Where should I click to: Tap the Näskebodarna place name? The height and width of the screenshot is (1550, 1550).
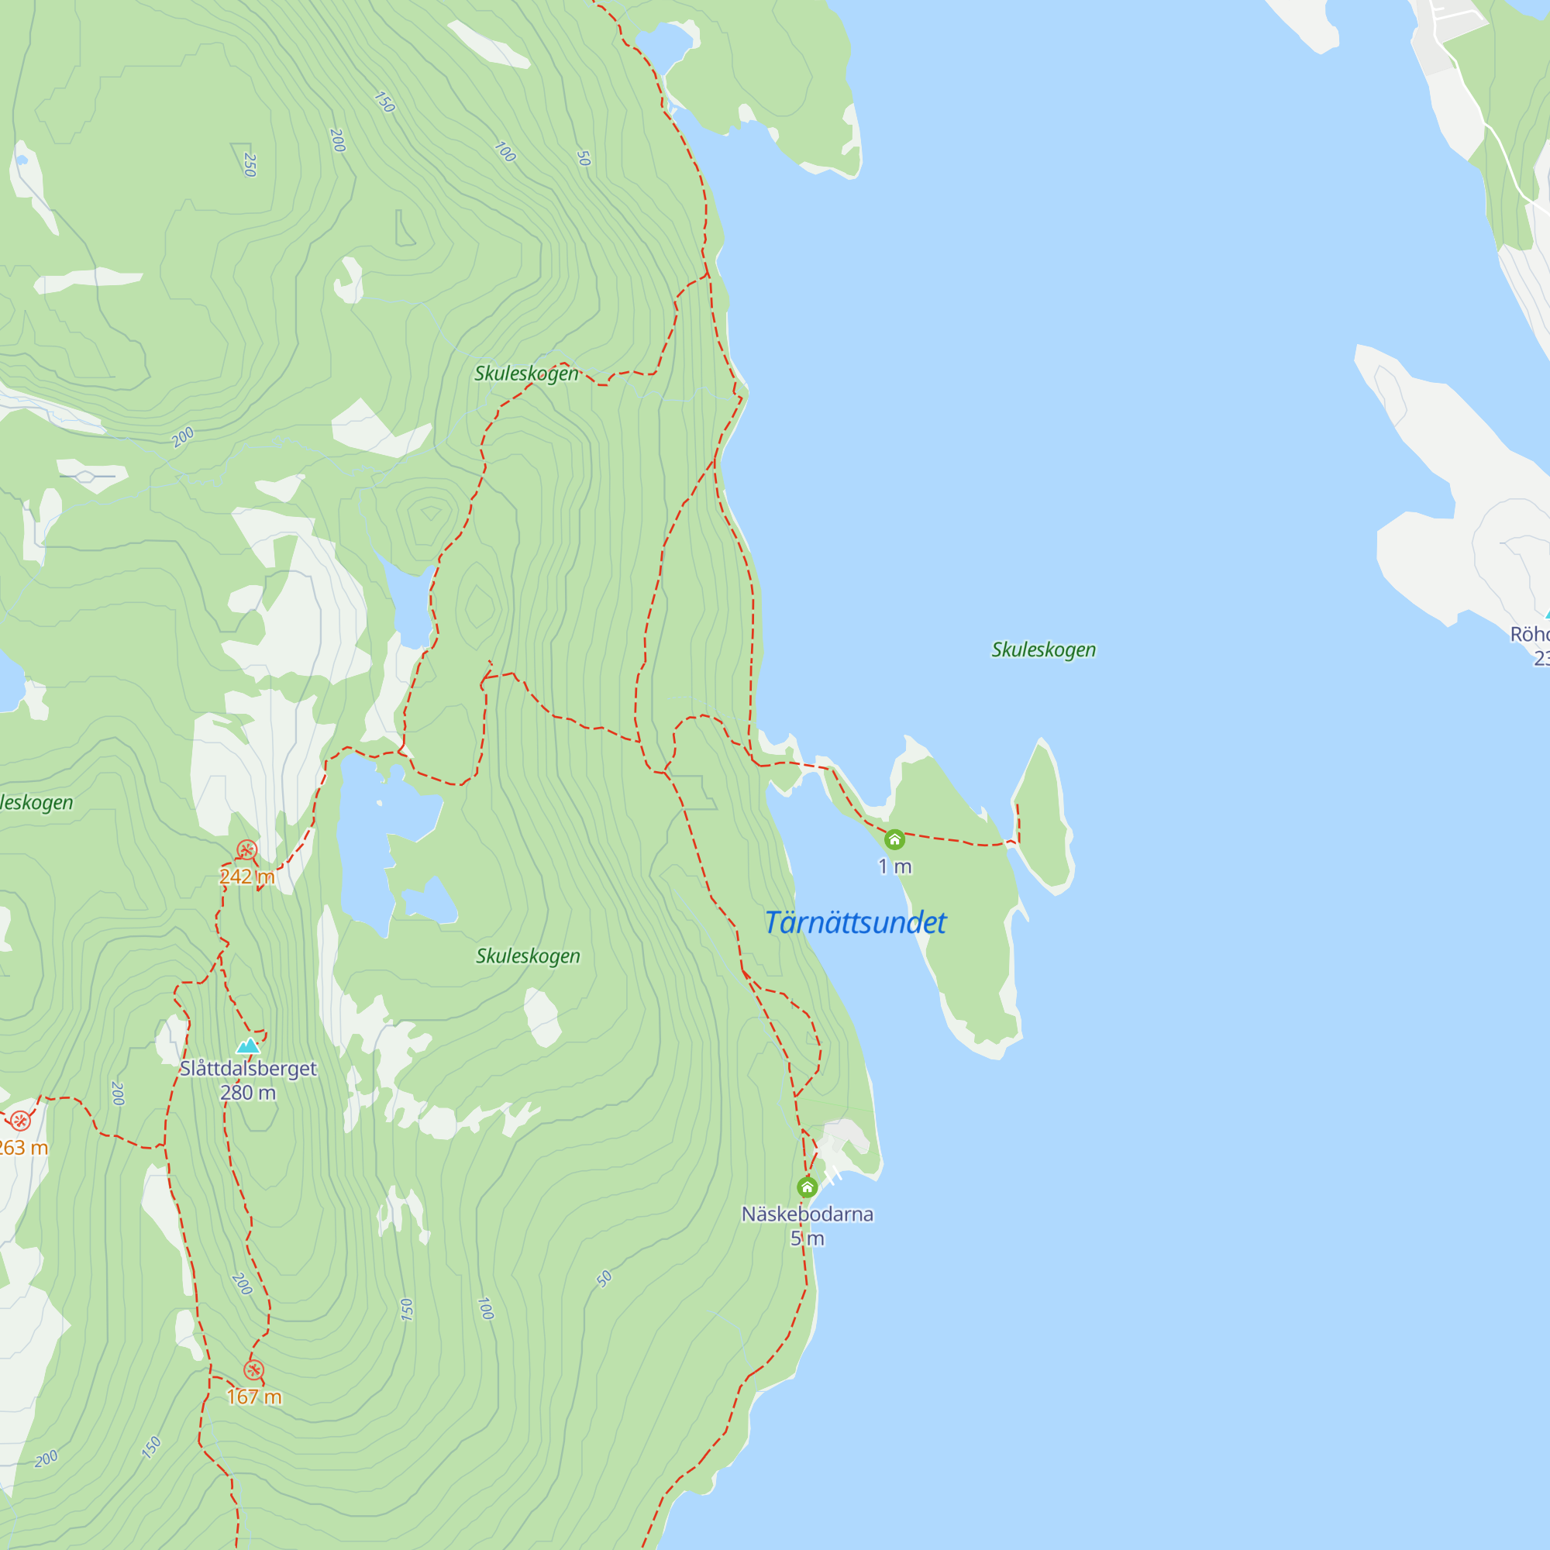click(x=807, y=1214)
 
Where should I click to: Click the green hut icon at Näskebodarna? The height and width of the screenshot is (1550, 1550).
click(x=807, y=1187)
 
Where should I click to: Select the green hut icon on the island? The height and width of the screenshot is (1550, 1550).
click(x=894, y=840)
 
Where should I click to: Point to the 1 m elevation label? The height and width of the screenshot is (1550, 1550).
click(x=894, y=866)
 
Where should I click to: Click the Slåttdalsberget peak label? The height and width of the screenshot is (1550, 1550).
click(x=248, y=1069)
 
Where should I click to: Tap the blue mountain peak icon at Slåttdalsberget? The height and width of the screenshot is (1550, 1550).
click(x=249, y=1045)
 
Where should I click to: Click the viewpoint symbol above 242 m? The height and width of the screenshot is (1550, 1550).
click(x=246, y=850)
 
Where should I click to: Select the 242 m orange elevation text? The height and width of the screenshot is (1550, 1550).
click(x=247, y=876)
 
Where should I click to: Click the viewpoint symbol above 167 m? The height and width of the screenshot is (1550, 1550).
click(x=253, y=1369)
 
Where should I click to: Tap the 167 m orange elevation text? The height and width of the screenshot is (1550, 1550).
click(x=253, y=1397)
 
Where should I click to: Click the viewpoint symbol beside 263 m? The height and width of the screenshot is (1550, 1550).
click(x=20, y=1121)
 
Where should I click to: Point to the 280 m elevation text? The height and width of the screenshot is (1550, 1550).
click(x=248, y=1093)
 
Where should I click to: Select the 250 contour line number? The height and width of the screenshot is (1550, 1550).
click(x=250, y=164)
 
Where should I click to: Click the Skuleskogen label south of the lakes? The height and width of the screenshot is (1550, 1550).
click(x=528, y=956)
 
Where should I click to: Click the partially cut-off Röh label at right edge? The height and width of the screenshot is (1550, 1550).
click(x=1531, y=634)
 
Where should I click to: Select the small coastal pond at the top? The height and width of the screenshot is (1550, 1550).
click(x=663, y=43)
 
